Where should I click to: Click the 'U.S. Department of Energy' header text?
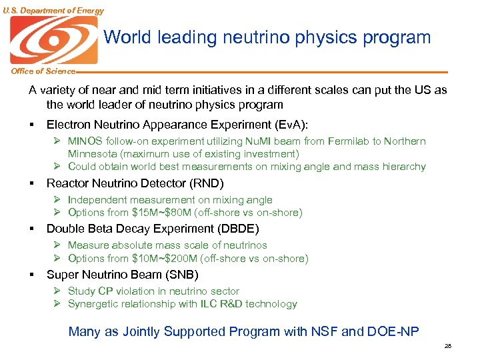coord(53,10)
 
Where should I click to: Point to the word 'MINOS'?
coord(85,141)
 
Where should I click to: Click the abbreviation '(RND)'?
coord(207,183)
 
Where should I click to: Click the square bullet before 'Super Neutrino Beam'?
coord(31,275)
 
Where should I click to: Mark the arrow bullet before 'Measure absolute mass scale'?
coord(58,245)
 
